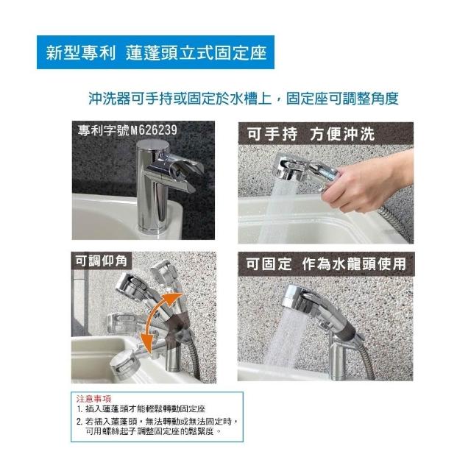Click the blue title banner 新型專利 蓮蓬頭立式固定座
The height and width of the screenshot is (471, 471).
click(x=155, y=52)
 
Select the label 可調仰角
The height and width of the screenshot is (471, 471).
click(x=102, y=261)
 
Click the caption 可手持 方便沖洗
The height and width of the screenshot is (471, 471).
click(x=311, y=134)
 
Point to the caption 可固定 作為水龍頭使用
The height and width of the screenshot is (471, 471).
click(x=326, y=264)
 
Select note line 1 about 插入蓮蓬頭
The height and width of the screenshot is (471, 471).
click(x=141, y=409)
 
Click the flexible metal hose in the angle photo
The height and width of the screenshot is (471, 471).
click(x=194, y=358)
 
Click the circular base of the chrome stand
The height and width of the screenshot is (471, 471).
click(x=152, y=227)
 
